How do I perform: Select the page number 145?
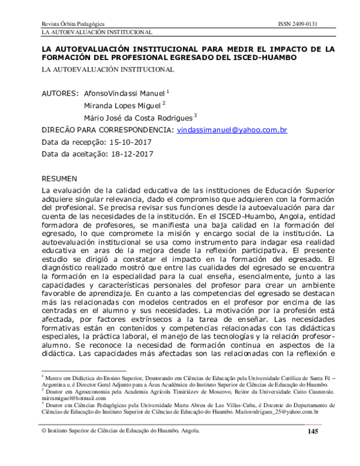pos(313,432)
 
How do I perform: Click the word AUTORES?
pos(60,94)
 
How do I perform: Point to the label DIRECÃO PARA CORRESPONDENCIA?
pos(107,130)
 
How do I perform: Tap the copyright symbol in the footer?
pos(44,431)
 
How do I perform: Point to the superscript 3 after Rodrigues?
pos(196,115)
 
